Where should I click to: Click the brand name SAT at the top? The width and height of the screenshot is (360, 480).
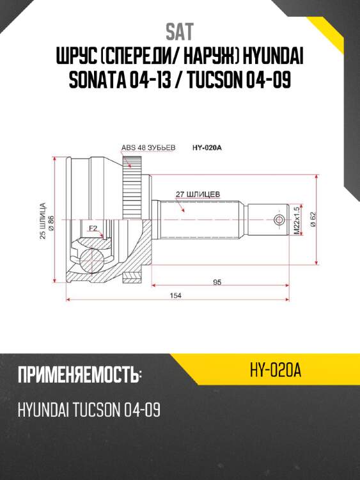pyautogui.click(x=180, y=31)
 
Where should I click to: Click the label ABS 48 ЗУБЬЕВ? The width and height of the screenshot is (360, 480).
pyautogui.click(x=147, y=148)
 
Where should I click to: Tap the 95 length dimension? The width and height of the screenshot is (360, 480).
pyautogui.click(x=217, y=282)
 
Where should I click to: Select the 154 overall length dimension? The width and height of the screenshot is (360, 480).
pyautogui.click(x=175, y=295)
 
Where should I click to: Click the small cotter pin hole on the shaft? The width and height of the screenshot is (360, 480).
pyautogui.click(x=279, y=220)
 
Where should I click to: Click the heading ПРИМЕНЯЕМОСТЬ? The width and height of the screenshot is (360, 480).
pyautogui.click(x=80, y=375)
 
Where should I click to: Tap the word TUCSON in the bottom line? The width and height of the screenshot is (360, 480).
pyautogui.click(x=93, y=410)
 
